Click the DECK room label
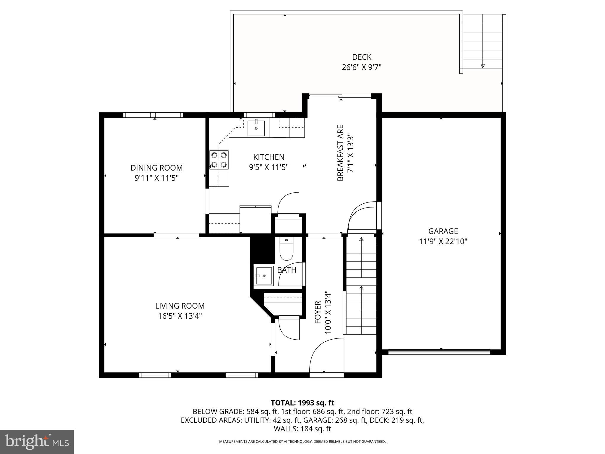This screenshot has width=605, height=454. click(362, 57)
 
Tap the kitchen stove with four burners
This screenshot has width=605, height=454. click(219, 160)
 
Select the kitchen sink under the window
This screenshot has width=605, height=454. click(256, 128)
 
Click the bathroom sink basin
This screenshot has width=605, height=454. click(264, 275)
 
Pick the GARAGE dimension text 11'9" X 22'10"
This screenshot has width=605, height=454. click(443, 241)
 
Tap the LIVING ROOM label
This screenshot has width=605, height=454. click(180, 306)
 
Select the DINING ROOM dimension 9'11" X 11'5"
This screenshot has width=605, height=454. click(157, 178)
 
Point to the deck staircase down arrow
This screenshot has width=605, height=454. click(482, 66)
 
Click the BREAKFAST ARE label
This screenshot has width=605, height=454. click(340, 153)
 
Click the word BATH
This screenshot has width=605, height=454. click(287, 270)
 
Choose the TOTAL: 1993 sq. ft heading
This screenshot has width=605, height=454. click(302, 403)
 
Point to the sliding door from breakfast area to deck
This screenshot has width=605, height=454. click(340, 95)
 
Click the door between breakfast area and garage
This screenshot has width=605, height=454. click(362, 216)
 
